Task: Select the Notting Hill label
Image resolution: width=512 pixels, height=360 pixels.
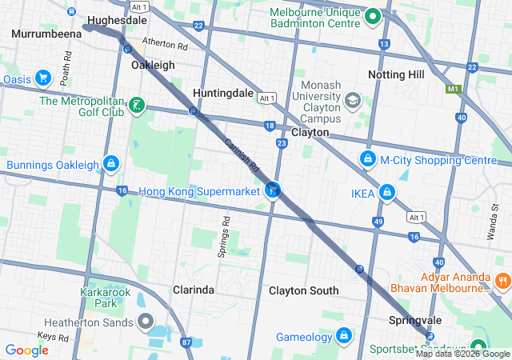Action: [396, 74]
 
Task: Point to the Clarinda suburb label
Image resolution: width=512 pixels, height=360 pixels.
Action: [194, 290]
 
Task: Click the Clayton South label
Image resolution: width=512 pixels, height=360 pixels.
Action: [303, 290]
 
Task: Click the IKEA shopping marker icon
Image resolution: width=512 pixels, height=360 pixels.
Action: [387, 193]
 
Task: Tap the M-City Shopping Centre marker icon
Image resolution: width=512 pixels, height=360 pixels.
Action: [367, 159]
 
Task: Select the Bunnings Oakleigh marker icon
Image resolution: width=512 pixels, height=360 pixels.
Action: [110, 165]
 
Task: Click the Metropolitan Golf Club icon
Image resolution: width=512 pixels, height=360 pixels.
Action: [137, 105]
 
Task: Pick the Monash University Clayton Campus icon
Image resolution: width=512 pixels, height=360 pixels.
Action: [352, 101]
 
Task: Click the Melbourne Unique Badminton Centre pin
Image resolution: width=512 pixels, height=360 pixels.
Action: [372, 14]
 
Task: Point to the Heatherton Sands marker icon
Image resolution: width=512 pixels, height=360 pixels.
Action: [146, 322]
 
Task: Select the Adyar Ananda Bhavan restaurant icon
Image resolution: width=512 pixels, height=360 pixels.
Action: [503, 281]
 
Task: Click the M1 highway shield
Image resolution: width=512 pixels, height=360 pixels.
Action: [454, 88]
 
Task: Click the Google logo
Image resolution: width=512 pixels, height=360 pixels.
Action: [26, 350]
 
